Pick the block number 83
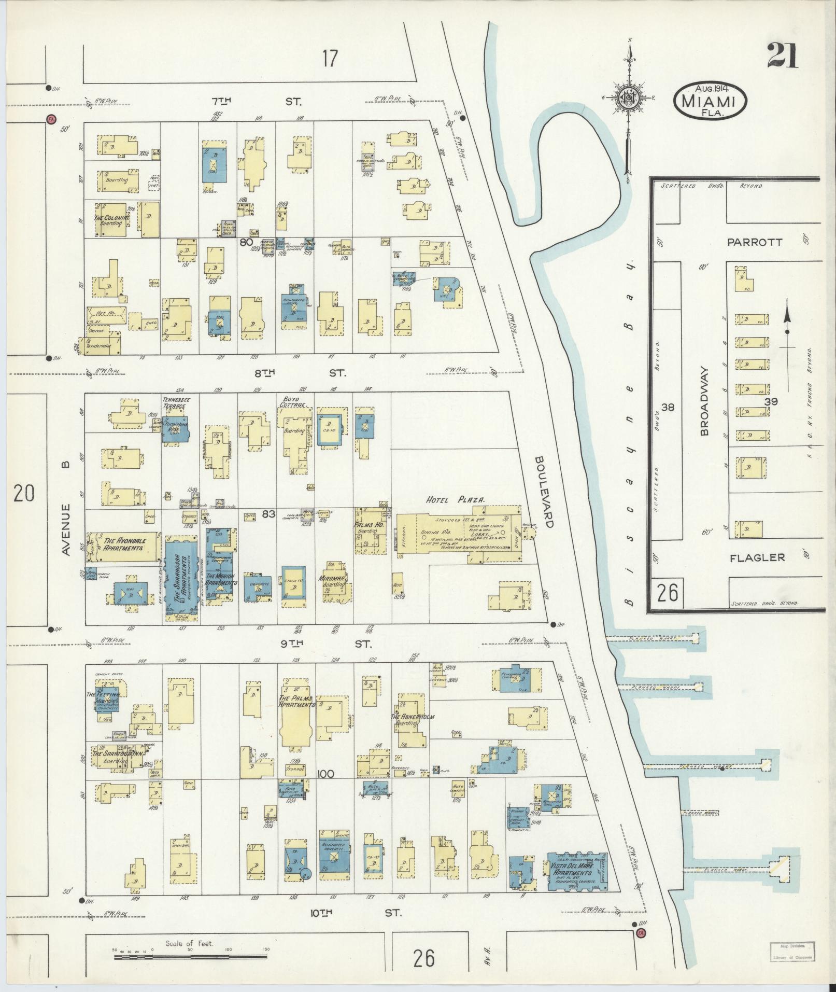pos(268,514)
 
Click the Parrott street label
pos(754,242)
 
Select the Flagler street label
pos(757,558)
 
